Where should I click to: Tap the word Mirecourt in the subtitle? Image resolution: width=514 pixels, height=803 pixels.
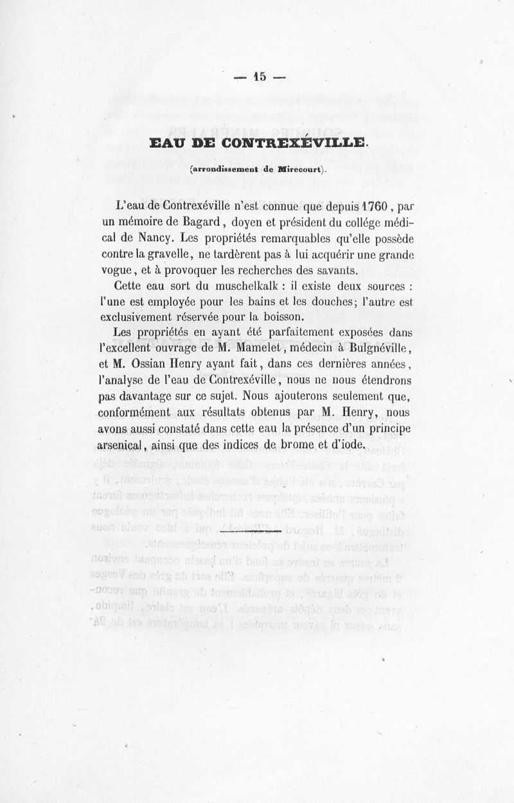click(301, 170)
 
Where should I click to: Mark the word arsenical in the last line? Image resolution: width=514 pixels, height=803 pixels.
click(125, 445)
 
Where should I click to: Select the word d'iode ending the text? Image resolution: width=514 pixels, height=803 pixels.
click(348, 445)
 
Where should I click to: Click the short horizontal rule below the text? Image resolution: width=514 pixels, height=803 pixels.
click(251, 532)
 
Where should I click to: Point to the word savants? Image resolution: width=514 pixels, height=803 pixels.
click(326, 270)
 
